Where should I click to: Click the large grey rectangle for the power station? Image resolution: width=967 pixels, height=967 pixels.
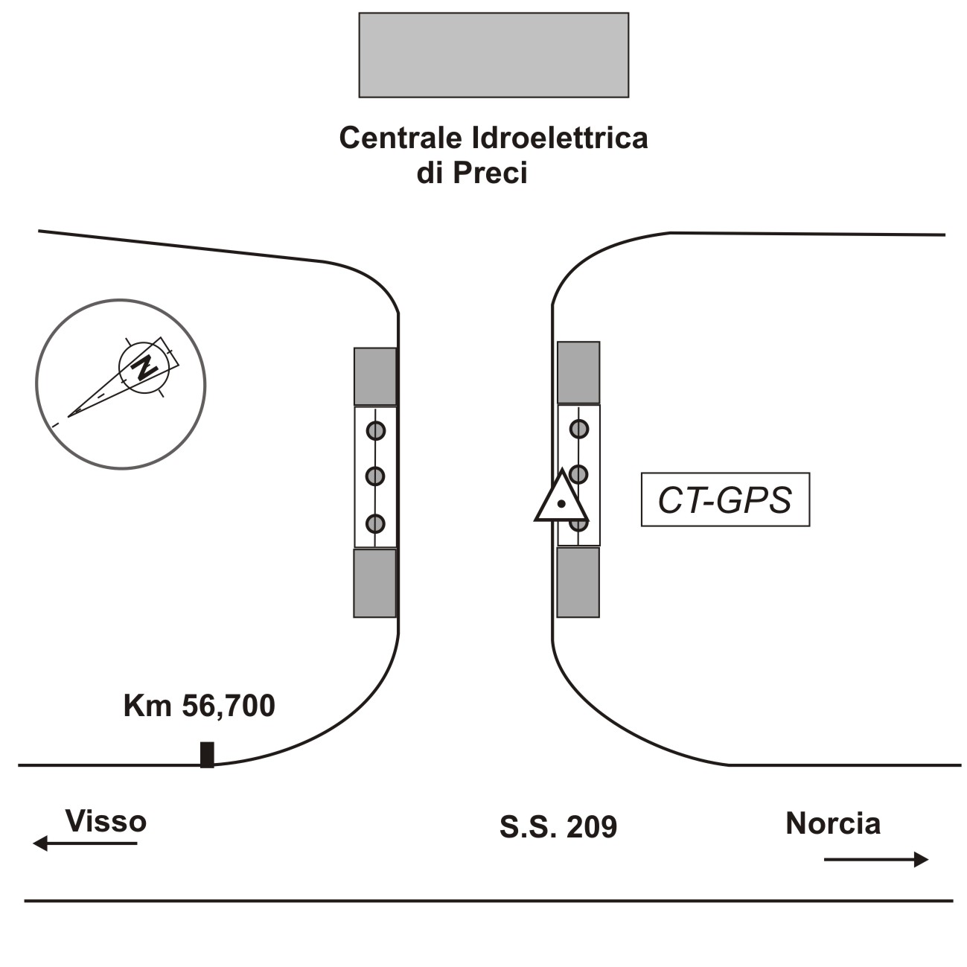494,54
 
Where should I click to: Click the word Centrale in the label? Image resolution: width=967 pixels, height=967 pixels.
401,138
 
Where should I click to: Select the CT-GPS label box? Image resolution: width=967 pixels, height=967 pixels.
725,500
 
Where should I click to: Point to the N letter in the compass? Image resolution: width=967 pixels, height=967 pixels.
143,366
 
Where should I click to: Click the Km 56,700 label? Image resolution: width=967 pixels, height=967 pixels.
199,706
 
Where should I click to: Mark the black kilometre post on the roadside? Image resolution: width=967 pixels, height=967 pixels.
207,754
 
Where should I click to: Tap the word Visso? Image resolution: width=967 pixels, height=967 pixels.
106,821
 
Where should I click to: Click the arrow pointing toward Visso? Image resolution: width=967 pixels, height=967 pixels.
85,843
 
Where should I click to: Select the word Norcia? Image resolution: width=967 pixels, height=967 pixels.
833,823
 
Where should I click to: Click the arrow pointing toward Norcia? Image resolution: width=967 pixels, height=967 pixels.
876,859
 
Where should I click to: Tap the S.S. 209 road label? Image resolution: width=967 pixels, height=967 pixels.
558,827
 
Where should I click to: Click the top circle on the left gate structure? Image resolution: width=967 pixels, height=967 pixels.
375,430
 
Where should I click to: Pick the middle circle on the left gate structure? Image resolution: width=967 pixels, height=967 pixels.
375,476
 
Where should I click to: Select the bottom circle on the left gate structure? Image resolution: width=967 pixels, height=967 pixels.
375,523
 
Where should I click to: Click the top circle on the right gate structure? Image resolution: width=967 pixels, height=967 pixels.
579,429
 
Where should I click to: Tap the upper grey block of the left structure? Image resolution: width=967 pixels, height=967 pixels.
374,376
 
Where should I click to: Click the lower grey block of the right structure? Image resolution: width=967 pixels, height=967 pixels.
578,582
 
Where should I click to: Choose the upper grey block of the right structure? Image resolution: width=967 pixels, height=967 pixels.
578,372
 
